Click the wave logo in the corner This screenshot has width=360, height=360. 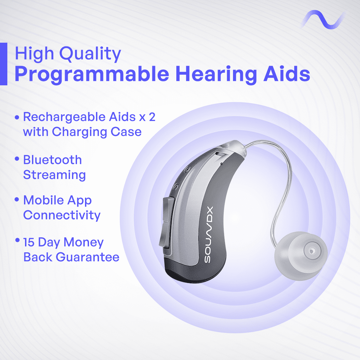323,19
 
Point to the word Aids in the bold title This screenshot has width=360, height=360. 287,73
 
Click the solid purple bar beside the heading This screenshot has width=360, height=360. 4,64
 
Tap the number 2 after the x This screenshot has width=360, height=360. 152,117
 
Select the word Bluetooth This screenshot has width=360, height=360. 53,160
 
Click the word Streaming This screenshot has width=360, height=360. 54,175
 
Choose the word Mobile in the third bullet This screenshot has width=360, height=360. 44,200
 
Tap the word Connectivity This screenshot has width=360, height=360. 62,216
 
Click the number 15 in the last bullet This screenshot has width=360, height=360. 29,242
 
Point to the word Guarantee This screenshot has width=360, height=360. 88,257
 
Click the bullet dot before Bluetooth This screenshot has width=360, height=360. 17,159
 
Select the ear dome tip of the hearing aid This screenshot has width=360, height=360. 301,256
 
